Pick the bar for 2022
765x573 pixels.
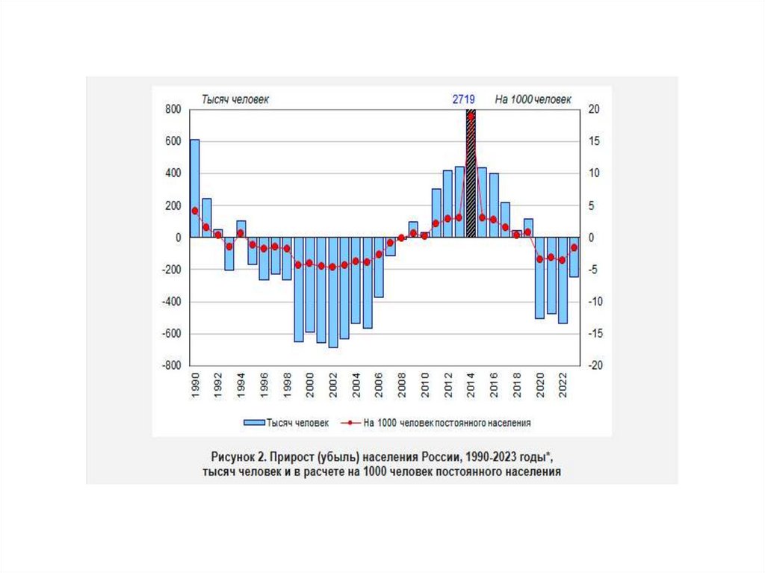click(x=563, y=280)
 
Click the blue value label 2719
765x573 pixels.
click(x=464, y=99)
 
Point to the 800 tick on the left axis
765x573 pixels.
click(x=173, y=110)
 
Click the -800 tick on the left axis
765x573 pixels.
click(x=171, y=366)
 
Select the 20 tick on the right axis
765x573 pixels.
click(x=594, y=110)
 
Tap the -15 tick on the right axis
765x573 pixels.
click(x=595, y=334)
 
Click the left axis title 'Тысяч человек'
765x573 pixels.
click(x=232, y=99)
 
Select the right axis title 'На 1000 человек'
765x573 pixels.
click(x=531, y=99)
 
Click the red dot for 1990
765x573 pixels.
click(x=195, y=211)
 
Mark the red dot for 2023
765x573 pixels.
click(x=574, y=247)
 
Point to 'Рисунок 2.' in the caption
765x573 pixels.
click(x=238, y=456)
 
